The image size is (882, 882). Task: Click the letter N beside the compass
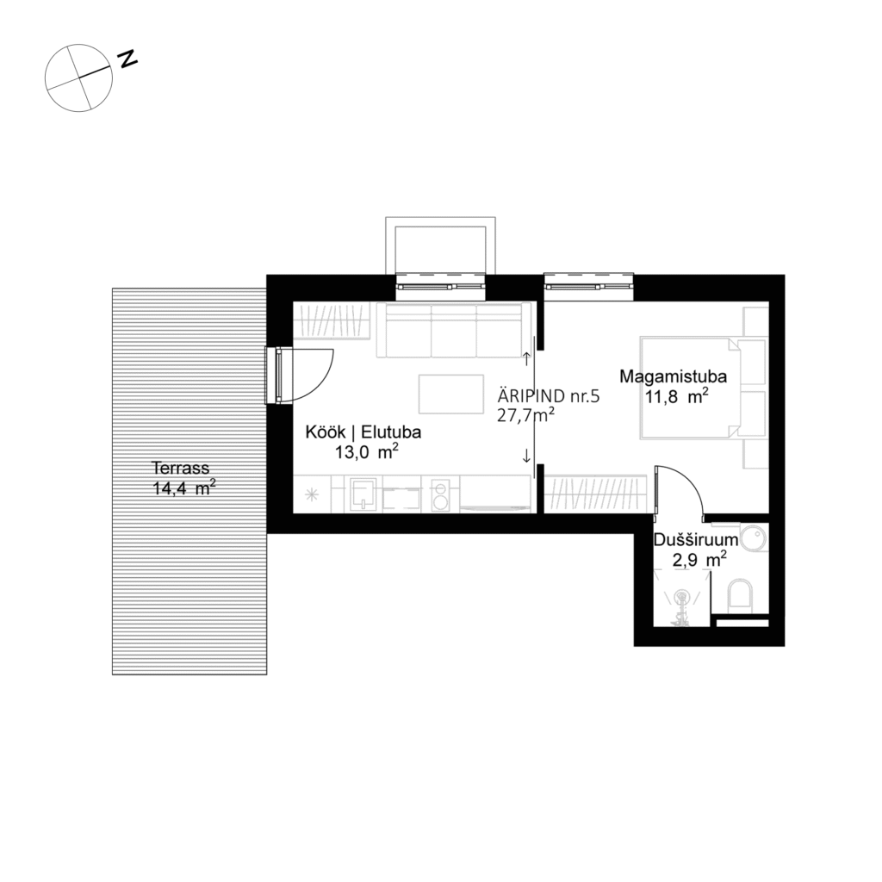click(128, 59)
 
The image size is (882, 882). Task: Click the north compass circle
click(78, 78)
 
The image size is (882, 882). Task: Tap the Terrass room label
click(180, 469)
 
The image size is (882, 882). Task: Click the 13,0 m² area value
click(366, 453)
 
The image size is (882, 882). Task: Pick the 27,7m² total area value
click(525, 416)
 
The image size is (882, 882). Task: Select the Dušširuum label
click(695, 541)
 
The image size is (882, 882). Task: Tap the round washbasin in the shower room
click(755, 540)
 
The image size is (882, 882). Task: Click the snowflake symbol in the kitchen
click(312, 494)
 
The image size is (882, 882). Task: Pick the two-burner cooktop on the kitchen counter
click(440, 495)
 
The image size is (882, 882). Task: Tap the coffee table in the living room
click(452, 394)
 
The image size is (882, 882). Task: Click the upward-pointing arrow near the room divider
click(526, 355)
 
